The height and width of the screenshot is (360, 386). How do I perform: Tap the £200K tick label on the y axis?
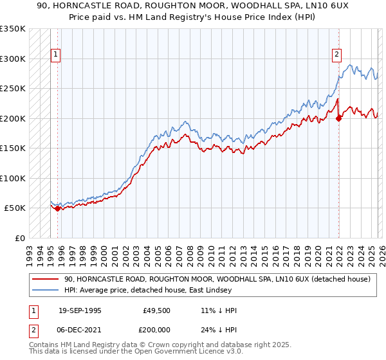(x=13, y=118)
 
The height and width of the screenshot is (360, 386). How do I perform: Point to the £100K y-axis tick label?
(x=13, y=178)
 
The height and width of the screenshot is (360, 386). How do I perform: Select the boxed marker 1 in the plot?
(x=57, y=55)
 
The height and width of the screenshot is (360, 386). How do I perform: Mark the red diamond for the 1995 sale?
(x=58, y=208)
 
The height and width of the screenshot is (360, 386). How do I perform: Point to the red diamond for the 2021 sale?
(x=338, y=118)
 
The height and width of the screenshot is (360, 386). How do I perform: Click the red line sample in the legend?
(x=46, y=280)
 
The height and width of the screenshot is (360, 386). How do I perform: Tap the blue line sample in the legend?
(x=46, y=291)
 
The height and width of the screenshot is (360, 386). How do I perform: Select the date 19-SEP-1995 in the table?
(x=81, y=310)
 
